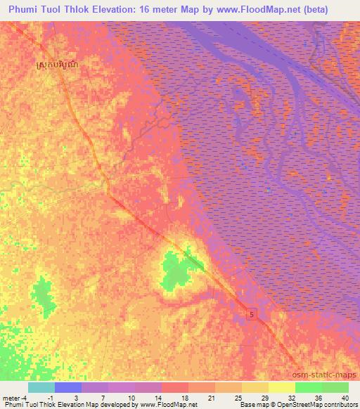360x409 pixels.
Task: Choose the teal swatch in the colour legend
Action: coord(41,387)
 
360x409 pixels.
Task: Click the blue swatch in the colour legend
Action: coord(68,387)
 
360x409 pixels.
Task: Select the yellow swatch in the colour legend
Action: coord(282,387)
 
